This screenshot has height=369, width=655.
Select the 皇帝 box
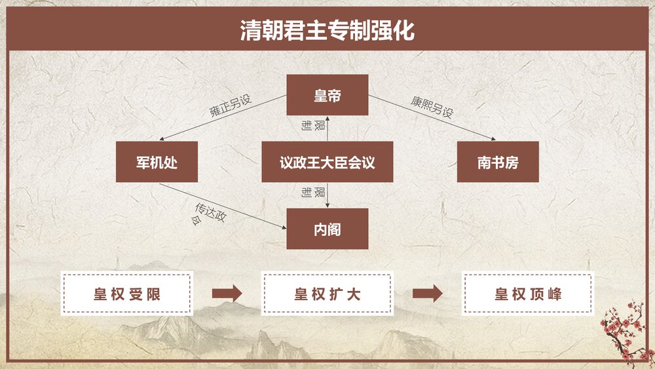[327, 95]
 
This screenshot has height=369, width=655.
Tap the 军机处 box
[157, 162]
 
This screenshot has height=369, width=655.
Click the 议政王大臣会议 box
[327, 162]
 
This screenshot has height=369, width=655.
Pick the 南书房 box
[498, 162]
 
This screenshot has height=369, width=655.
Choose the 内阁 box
[327, 229]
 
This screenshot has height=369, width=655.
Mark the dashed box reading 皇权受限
[126, 294]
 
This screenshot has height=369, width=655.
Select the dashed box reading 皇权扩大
[327, 294]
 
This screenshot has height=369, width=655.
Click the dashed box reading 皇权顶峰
[528, 294]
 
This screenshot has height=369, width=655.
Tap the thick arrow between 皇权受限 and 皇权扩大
[227, 294]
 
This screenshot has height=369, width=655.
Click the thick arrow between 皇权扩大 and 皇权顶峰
[427, 294]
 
